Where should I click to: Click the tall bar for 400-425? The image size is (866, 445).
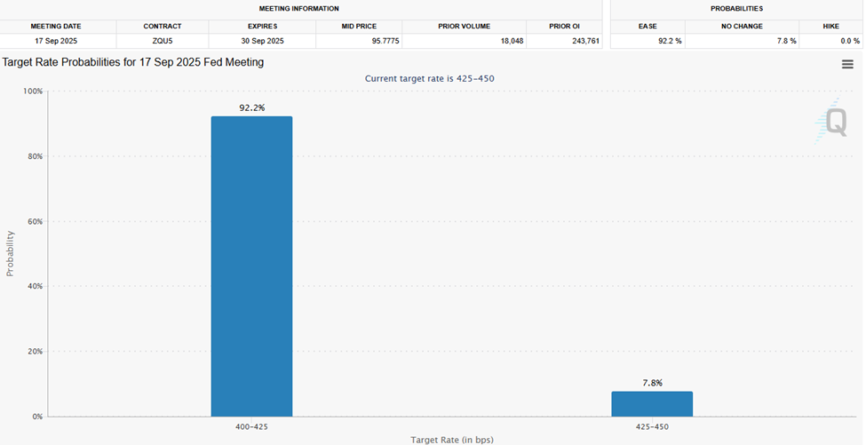click(x=251, y=266)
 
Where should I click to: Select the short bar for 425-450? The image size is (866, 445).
click(x=651, y=404)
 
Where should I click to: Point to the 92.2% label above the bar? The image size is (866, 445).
click(x=251, y=107)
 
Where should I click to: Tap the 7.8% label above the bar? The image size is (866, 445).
click(x=652, y=383)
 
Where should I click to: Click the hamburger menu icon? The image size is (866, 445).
click(x=847, y=64)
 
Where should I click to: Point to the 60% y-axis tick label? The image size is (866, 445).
click(x=32, y=221)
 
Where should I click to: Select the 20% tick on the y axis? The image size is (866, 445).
click(x=32, y=351)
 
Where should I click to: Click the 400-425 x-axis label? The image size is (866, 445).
click(x=251, y=427)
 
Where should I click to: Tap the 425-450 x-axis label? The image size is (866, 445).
click(x=652, y=427)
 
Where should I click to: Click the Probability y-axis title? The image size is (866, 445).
click(x=11, y=253)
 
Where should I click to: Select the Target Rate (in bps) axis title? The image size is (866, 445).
click(x=452, y=440)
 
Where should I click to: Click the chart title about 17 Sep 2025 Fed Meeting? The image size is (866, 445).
click(x=133, y=62)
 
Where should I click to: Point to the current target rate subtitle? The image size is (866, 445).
click(x=430, y=78)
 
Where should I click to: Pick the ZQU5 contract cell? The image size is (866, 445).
click(x=162, y=41)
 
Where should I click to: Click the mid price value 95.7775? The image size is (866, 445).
click(x=359, y=41)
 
